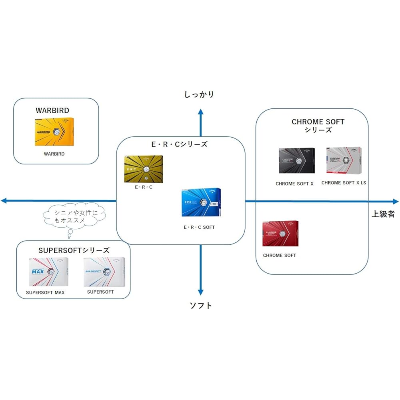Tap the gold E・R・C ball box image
[143, 169]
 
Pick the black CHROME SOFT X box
[296, 161]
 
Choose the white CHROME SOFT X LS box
[344, 160]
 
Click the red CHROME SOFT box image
[280, 233]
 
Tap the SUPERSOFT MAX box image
[48, 272]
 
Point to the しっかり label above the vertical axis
[199, 94]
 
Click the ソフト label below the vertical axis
[201, 306]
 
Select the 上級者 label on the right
[383, 214]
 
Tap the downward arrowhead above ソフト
[201, 292]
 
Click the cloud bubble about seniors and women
[74, 217]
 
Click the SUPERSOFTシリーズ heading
[74, 250]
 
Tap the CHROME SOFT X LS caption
[344, 183]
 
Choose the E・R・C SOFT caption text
[199, 227]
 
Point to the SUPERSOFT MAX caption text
[45, 292]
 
